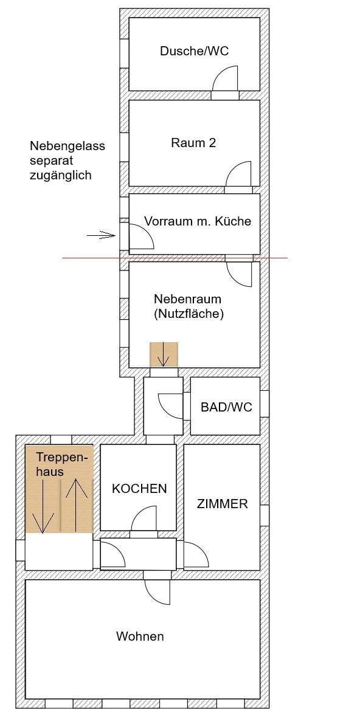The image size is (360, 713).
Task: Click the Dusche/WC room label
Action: pos(194,51)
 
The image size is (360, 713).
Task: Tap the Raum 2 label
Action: pos(193,143)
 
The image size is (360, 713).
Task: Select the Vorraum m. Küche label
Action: pos(197,221)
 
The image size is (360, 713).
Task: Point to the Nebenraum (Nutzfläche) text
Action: pos(189,307)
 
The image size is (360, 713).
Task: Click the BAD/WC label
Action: pos(226,407)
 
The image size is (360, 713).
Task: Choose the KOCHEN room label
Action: pos(139,489)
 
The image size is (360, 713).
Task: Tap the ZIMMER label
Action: pos(222,504)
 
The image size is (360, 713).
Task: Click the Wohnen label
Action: pos(140,636)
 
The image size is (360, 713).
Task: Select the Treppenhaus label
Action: pos(62,464)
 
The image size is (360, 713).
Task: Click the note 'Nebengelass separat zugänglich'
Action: pos(67,160)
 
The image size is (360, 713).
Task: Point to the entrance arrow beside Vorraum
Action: pos(101,235)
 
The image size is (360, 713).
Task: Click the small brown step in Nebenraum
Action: pos(164,355)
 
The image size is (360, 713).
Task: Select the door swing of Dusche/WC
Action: pos(226,79)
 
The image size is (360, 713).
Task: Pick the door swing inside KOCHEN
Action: pos(145,520)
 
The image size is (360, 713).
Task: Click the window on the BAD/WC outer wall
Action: pos(264,404)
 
